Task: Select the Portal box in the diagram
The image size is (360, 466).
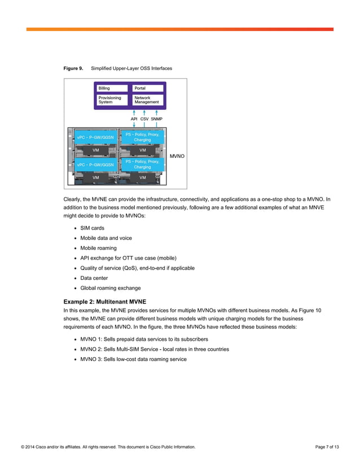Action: [x=148, y=89]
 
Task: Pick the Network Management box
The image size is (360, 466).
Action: [x=148, y=100]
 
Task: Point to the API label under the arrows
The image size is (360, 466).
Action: [x=134, y=120]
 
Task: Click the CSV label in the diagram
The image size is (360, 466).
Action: [x=144, y=120]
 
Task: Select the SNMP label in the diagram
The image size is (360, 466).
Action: [x=156, y=120]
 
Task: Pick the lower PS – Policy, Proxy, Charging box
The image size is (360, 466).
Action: [x=142, y=164]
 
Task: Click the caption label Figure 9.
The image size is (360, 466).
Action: [x=73, y=68]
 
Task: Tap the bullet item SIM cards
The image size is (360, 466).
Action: [x=92, y=228]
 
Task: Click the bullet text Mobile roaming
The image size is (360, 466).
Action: [x=98, y=248]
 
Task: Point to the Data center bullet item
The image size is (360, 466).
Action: [x=95, y=278]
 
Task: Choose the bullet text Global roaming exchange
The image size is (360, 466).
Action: [x=111, y=288]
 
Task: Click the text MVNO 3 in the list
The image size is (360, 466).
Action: [x=93, y=359]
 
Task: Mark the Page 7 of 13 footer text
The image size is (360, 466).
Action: [x=327, y=447]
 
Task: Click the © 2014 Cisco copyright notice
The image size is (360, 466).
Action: [x=108, y=447]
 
